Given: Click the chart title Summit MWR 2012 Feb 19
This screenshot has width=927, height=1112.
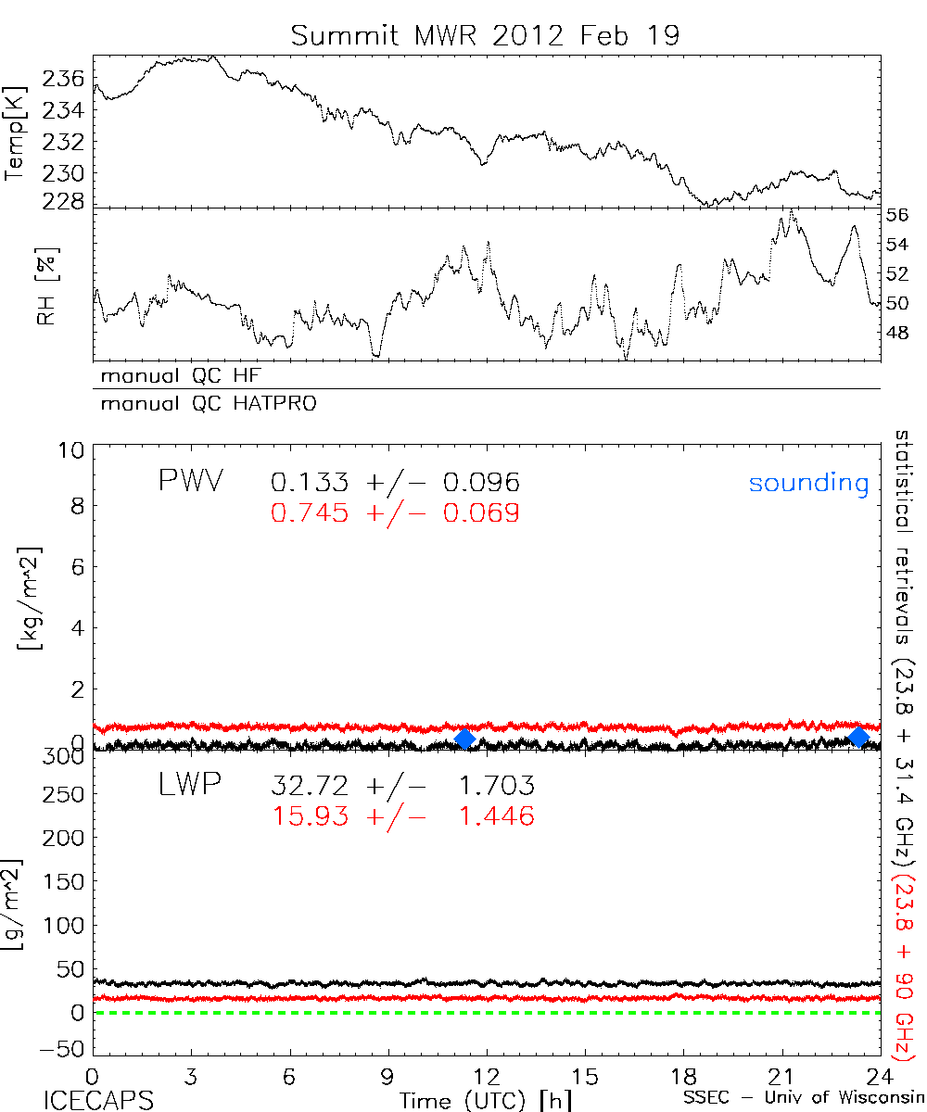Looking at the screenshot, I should pos(485,35).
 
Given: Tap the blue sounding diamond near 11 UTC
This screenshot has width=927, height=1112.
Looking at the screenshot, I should pos(465,738).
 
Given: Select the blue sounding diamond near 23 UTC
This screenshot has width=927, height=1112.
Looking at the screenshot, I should pos(858,737).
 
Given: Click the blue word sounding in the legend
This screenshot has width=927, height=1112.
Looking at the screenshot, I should pos(808,483).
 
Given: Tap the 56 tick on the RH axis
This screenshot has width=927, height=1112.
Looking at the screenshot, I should pos(897,215).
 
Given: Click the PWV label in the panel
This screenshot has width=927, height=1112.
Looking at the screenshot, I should pos(192,482).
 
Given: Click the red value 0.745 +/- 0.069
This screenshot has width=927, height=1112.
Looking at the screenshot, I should pos(395,512).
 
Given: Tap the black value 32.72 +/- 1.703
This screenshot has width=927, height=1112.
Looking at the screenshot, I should pos(402,787).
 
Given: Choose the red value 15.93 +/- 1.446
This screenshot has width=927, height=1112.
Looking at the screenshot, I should pos(402,816).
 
